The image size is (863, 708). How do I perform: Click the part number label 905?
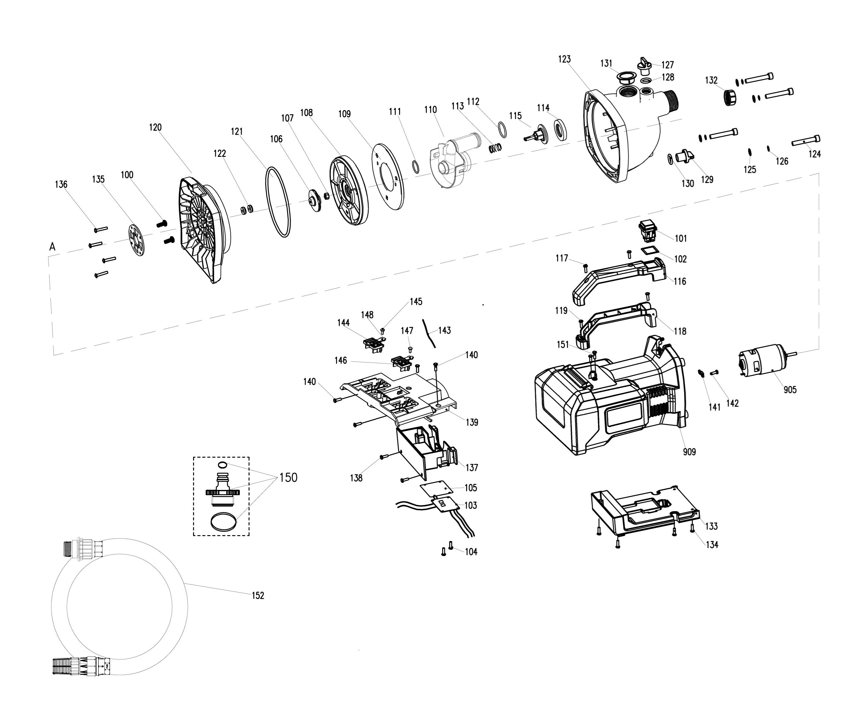(790, 389)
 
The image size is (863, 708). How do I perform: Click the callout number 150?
(288, 477)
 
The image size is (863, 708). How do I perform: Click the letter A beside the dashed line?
(52, 247)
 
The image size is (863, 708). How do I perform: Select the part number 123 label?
(564, 59)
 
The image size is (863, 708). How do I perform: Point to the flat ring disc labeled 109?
(388, 176)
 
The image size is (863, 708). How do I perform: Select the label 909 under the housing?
(689, 451)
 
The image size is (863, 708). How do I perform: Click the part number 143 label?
(444, 330)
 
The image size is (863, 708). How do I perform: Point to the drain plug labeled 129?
(684, 157)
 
